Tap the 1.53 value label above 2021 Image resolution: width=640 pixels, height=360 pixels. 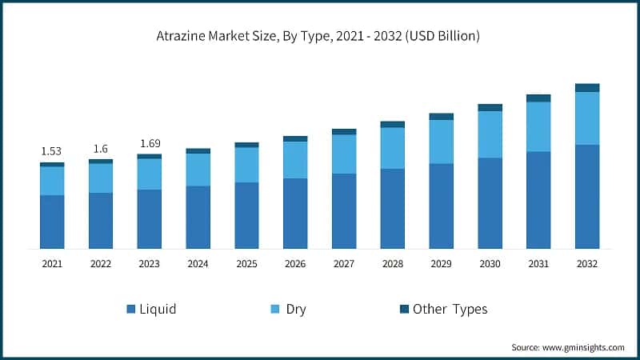[x=52, y=151]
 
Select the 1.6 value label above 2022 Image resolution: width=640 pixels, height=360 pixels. [x=101, y=149]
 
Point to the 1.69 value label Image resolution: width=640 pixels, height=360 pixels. [x=150, y=144]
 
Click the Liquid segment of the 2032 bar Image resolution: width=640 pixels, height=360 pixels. [x=587, y=196]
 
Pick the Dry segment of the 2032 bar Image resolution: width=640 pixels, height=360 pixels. [x=587, y=118]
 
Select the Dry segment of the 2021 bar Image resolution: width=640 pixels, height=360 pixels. [x=52, y=181]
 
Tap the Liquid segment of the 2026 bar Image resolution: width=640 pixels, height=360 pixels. [x=295, y=213]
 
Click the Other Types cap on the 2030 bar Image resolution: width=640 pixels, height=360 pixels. [x=490, y=107]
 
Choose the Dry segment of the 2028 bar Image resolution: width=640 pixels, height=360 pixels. [x=393, y=148]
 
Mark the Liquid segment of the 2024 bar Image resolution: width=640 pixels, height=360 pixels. [x=198, y=217]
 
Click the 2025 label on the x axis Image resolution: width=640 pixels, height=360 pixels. [x=247, y=263]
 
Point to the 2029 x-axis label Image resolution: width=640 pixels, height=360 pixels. [x=442, y=263]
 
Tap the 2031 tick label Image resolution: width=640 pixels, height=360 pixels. [x=538, y=263]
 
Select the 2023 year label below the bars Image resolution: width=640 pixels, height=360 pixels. [x=150, y=263]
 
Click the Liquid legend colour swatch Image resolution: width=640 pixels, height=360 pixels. [x=130, y=309]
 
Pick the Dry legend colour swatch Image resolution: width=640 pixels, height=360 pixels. [x=274, y=309]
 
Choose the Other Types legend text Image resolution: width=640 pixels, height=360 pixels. [x=450, y=309]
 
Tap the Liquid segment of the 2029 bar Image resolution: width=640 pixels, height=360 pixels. [x=442, y=206]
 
